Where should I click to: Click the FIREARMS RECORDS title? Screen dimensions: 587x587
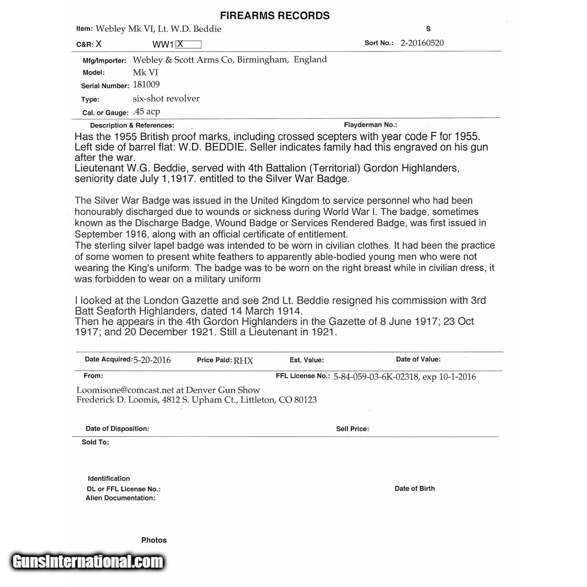pyautogui.click(x=274, y=16)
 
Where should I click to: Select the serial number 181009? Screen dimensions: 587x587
pyautogui.click(x=146, y=85)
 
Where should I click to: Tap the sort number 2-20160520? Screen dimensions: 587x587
pyautogui.click(x=422, y=43)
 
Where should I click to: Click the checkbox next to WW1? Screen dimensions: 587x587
pyautogui.click(x=188, y=44)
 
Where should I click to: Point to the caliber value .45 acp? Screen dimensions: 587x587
pyautogui.click(x=146, y=112)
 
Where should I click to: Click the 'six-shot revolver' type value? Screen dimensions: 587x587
pyautogui.click(x=166, y=98)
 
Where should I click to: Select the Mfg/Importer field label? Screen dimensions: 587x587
pyautogui.click(x=104, y=61)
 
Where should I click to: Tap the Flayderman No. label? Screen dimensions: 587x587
pyautogui.click(x=370, y=125)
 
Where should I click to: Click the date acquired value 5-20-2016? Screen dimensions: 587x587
pyautogui.click(x=152, y=360)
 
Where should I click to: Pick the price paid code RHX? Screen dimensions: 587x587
pyautogui.click(x=243, y=361)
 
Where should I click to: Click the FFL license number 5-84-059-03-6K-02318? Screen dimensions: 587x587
pyautogui.click(x=376, y=377)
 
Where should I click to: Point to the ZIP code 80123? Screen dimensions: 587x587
pyautogui.click(x=305, y=400)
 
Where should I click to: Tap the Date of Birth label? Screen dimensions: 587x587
pyautogui.click(x=414, y=488)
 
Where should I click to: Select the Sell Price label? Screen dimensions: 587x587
pyautogui.click(x=352, y=429)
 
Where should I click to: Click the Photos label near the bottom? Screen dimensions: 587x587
pyautogui.click(x=154, y=540)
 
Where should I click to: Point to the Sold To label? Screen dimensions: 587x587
pyautogui.click(x=95, y=442)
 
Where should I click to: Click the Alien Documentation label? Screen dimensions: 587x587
pyautogui.click(x=120, y=498)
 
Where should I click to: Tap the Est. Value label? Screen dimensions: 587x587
pyautogui.click(x=306, y=360)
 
